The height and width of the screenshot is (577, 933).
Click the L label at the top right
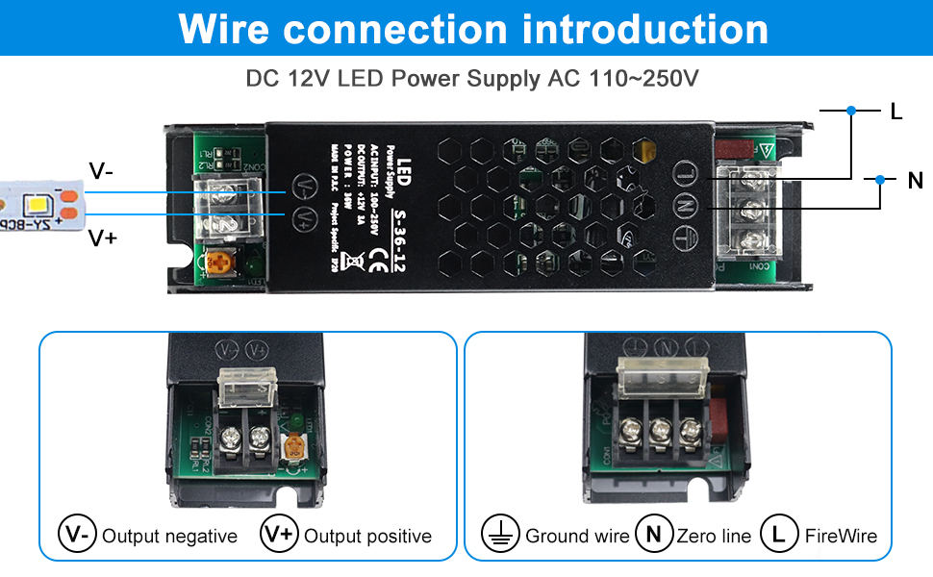pos(896,112)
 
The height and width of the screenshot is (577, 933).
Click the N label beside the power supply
pos(915,180)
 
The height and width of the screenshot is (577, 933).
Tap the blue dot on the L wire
pos(851,111)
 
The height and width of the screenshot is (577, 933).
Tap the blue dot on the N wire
pos(880,179)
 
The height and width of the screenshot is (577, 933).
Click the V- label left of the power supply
pos(101,171)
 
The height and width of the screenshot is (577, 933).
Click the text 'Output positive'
pos(367,537)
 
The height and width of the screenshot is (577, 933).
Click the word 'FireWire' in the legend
pos(841,537)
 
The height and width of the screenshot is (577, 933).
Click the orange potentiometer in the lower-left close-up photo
pos(294,446)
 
